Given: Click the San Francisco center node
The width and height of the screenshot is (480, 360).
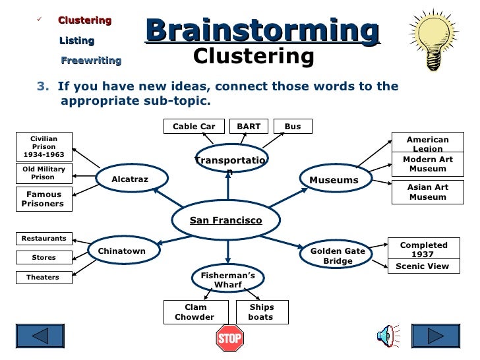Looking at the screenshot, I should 226,220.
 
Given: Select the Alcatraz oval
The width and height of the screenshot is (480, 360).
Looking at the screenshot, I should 130,179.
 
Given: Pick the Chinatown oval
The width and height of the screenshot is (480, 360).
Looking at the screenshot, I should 122,251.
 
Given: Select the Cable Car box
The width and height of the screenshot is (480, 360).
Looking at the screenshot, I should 194,127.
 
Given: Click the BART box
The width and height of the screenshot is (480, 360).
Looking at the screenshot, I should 249,127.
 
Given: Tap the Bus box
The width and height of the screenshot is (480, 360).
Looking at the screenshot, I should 293,127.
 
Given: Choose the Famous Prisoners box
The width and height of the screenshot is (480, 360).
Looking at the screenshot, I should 44,199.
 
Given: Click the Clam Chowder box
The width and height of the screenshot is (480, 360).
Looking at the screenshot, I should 195,312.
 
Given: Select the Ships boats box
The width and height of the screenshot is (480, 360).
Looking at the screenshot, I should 261,312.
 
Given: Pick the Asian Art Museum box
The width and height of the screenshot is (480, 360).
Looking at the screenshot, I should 427,192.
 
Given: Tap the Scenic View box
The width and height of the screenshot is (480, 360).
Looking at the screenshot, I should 422,266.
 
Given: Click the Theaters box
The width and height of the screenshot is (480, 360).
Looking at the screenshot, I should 43,278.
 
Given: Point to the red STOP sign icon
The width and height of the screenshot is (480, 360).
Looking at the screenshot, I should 229,339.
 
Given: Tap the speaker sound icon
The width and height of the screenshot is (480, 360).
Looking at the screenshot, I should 386,337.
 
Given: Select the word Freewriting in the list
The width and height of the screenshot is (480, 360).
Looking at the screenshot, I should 91,61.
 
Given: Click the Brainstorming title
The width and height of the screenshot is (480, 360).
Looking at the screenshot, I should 262,30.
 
